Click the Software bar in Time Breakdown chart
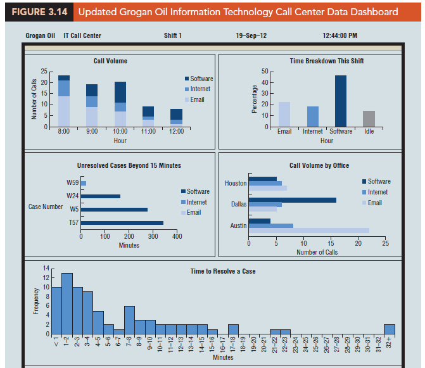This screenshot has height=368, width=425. pos(341,101)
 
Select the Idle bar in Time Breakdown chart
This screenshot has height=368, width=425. pos(369,119)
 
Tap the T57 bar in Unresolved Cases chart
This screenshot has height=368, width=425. pos(122,223)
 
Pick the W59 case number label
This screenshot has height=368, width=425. pos(72,183)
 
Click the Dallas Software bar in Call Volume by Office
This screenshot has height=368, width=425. pos(292,200)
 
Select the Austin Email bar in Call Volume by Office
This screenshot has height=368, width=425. pos(308,231)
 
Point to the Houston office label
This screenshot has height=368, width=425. pos(236,184)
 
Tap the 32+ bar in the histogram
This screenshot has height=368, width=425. pos(389,329)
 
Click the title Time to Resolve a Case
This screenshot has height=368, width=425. pos(223,271)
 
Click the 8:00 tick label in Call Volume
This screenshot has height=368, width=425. pos(64,131)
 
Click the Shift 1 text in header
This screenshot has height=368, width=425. pos(173,35)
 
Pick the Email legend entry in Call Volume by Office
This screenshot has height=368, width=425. pos(374,203)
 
